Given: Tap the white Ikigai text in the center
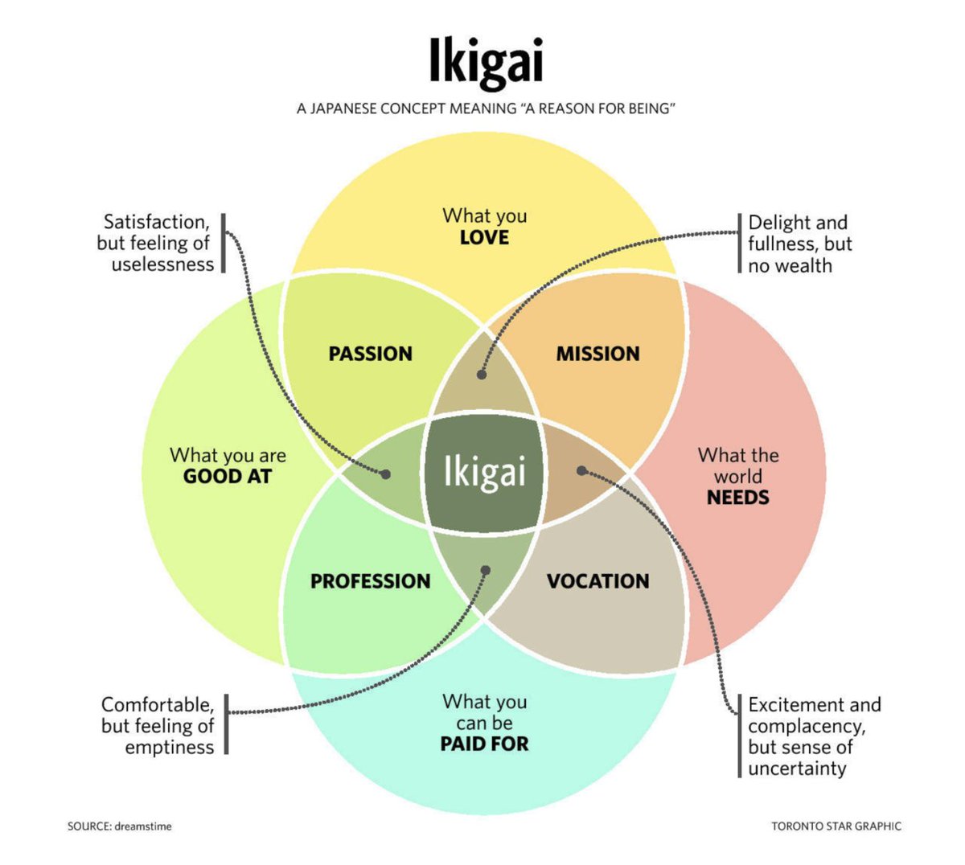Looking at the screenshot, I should tap(485, 472).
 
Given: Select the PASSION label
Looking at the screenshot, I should tap(370, 354).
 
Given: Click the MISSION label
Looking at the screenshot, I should tap(597, 354).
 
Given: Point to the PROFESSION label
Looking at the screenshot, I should tap(370, 581).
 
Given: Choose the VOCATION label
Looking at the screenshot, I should tap(597, 581).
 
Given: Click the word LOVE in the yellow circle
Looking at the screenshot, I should tap(484, 238).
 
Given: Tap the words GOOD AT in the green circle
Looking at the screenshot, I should tap(228, 477).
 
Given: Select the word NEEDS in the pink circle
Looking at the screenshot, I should tap(737, 498).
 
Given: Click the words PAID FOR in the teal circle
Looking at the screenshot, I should tap(484, 744).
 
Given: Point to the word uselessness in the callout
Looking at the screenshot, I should tap(163, 264).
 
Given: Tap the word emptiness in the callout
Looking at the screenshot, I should tap(169, 748).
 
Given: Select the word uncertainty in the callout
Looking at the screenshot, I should tap(797, 769).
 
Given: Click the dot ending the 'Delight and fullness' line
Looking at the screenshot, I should tap(482, 375).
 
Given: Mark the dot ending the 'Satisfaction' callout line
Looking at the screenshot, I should tap(386, 474).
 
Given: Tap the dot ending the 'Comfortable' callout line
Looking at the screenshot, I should tap(485, 570).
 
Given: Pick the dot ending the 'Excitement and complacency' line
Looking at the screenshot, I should tap(581, 472).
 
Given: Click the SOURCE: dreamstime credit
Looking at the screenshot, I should tap(119, 826).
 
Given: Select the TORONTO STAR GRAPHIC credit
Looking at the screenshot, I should tap(836, 826).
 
